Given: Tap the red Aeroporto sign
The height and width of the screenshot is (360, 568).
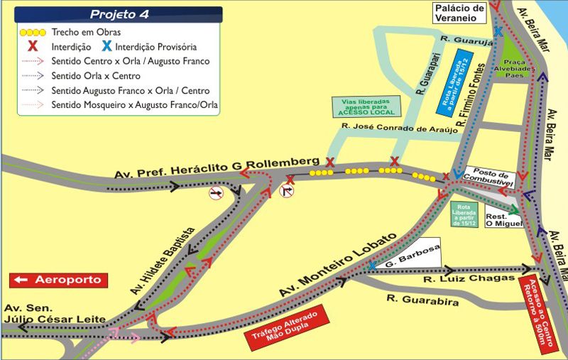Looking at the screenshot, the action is click(x=60, y=280).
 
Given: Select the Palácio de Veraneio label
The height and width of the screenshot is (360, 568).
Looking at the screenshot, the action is click(x=459, y=13).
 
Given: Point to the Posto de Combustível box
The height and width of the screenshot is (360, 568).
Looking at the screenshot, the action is click(x=493, y=179).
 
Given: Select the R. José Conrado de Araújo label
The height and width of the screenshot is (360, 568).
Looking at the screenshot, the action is click(x=396, y=129).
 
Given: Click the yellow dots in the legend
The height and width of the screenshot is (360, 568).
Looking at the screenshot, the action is click(x=33, y=33).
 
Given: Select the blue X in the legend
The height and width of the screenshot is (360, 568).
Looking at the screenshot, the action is click(x=106, y=46).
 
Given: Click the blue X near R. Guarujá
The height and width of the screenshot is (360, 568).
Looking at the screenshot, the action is click(x=498, y=32).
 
